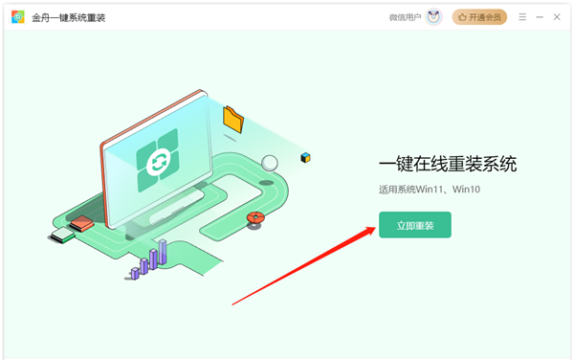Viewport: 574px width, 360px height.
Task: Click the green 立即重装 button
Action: click(415, 225)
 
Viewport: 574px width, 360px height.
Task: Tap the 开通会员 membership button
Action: click(479, 17)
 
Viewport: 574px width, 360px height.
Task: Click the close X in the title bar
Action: click(557, 17)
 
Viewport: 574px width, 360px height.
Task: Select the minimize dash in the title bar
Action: click(540, 17)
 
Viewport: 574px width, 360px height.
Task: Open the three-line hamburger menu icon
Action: click(522, 17)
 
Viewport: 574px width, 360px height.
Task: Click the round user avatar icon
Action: click(433, 17)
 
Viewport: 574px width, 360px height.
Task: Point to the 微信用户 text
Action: click(405, 17)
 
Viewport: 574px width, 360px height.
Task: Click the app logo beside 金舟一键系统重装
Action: click(17, 17)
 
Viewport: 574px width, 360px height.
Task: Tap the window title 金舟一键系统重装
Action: click(69, 17)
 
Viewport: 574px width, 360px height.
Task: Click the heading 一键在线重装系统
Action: click(448, 164)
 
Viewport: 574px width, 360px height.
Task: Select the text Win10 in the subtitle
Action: click(466, 190)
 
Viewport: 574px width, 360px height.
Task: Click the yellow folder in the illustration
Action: click(233, 119)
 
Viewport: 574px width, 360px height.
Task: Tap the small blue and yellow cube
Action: click(305, 157)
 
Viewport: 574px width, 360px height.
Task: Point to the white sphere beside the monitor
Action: click(270, 163)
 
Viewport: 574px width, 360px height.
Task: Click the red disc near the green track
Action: click(255, 217)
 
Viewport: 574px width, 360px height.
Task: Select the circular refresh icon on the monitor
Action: click(159, 161)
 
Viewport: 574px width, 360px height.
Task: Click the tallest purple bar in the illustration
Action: click(163, 252)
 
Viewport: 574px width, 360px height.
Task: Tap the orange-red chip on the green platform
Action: click(81, 223)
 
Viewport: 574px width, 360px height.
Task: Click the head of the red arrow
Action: click(368, 232)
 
